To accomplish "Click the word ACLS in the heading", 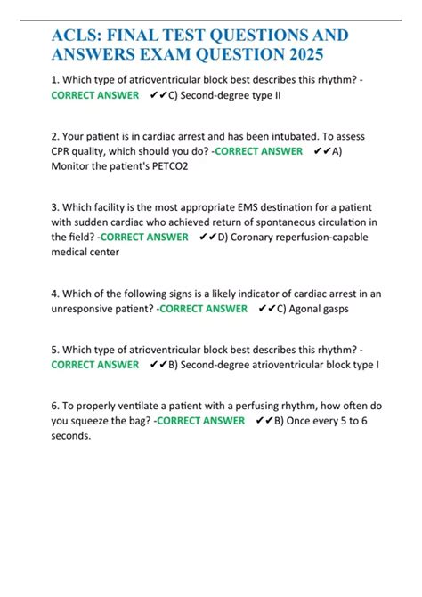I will point(78,36).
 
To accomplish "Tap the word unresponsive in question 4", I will point(89,309).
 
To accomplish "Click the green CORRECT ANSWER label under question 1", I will point(94,94).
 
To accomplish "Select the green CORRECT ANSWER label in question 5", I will point(94,365).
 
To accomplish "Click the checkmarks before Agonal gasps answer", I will point(266,309).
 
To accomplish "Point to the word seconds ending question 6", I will point(71,436).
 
